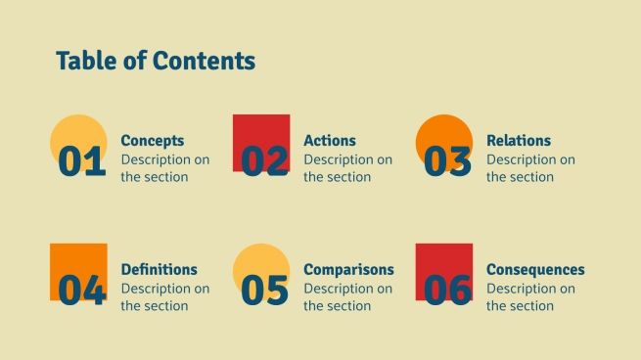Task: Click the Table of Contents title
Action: [x=156, y=61]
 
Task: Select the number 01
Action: [x=82, y=161]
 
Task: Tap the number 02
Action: [x=265, y=161]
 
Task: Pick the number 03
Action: [x=448, y=161]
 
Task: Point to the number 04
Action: [x=82, y=291]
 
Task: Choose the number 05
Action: [x=265, y=291]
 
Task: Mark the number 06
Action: [x=448, y=291]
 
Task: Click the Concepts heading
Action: [x=152, y=141]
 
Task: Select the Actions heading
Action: [x=330, y=141]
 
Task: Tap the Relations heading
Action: [x=519, y=141]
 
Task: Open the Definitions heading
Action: [x=159, y=270]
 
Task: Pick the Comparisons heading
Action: [x=348, y=270]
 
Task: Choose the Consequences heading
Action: [x=535, y=270]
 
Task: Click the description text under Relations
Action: [x=530, y=168]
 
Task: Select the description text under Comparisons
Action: [x=347, y=297]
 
